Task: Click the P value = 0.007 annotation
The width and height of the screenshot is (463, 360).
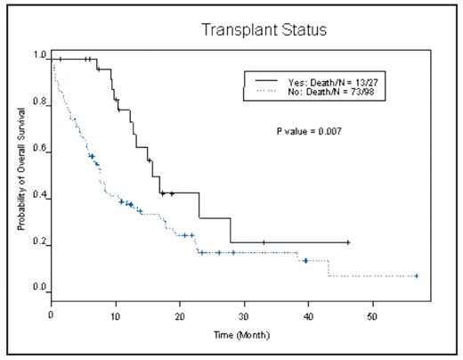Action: (309, 131)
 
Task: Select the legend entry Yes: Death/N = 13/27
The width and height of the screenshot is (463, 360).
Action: (323, 80)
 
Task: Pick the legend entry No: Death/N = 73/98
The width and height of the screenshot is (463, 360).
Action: (323, 90)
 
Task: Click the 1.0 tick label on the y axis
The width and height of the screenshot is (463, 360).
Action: (39, 55)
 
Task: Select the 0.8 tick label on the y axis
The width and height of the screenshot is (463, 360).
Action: (39, 102)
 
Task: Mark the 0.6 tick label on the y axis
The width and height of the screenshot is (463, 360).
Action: (39, 150)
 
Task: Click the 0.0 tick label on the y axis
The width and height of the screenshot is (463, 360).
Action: (39, 289)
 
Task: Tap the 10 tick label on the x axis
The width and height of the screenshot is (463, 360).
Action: (116, 315)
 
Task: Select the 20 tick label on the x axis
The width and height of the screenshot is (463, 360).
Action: (180, 315)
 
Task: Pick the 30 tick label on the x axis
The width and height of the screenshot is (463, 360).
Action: (244, 315)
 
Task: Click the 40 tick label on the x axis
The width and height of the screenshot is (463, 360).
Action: (308, 315)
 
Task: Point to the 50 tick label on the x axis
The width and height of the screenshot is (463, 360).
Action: (372, 315)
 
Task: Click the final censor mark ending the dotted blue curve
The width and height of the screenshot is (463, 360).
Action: (416, 276)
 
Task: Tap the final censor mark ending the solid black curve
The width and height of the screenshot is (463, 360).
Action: (348, 242)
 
